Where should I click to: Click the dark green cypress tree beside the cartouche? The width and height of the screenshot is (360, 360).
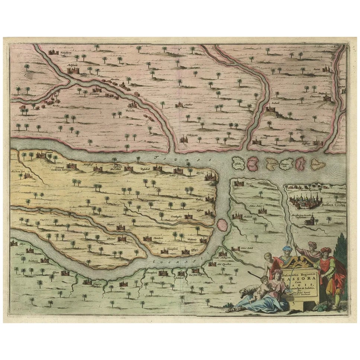point(341,257)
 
